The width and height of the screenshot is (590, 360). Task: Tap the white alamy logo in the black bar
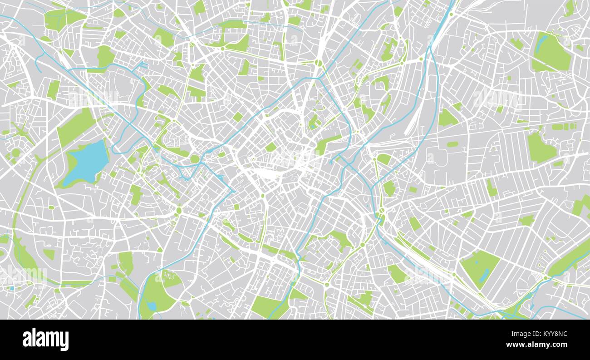click(45, 340)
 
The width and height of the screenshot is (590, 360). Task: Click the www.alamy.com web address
click(540, 345)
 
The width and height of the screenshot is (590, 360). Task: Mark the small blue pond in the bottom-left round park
click(152, 306)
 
